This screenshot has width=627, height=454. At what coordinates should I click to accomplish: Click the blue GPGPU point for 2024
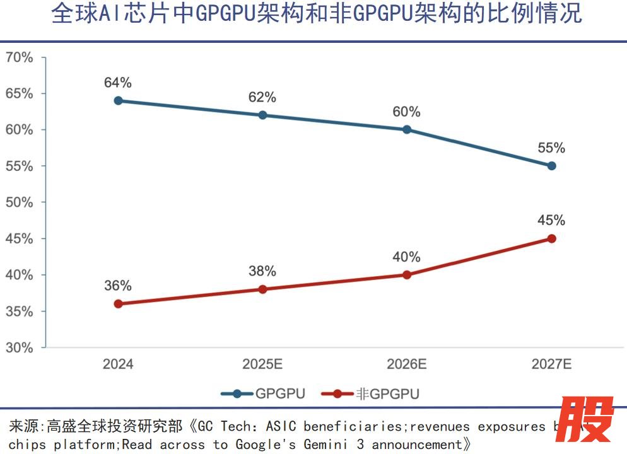coord(118,101)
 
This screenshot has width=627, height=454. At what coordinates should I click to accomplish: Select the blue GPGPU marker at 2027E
coord(551,166)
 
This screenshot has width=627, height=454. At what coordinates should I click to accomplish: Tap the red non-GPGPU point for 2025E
coord(262,289)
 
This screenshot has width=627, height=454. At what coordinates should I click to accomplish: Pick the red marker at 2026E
coord(407,275)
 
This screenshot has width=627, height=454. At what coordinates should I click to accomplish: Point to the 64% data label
coord(118,83)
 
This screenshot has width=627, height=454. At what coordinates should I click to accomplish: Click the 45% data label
coord(551,221)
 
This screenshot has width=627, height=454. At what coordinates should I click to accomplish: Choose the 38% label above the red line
coord(262,271)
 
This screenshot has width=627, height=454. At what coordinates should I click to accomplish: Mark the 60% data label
coord(407,112)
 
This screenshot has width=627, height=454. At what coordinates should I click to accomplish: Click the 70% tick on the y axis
coord(19,57)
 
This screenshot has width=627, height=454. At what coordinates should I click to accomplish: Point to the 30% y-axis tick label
coord(19,347)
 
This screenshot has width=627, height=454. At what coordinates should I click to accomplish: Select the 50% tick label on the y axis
coord(19,202)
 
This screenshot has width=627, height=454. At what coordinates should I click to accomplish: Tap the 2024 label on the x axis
coord(118,364)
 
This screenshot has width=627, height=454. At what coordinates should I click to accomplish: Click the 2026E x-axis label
coord(407,364)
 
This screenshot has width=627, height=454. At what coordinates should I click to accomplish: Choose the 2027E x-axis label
coord(551,364)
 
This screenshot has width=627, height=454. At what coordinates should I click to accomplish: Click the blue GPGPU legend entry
coord(263,394)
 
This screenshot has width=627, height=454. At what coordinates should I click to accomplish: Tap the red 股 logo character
coord(588,420)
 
